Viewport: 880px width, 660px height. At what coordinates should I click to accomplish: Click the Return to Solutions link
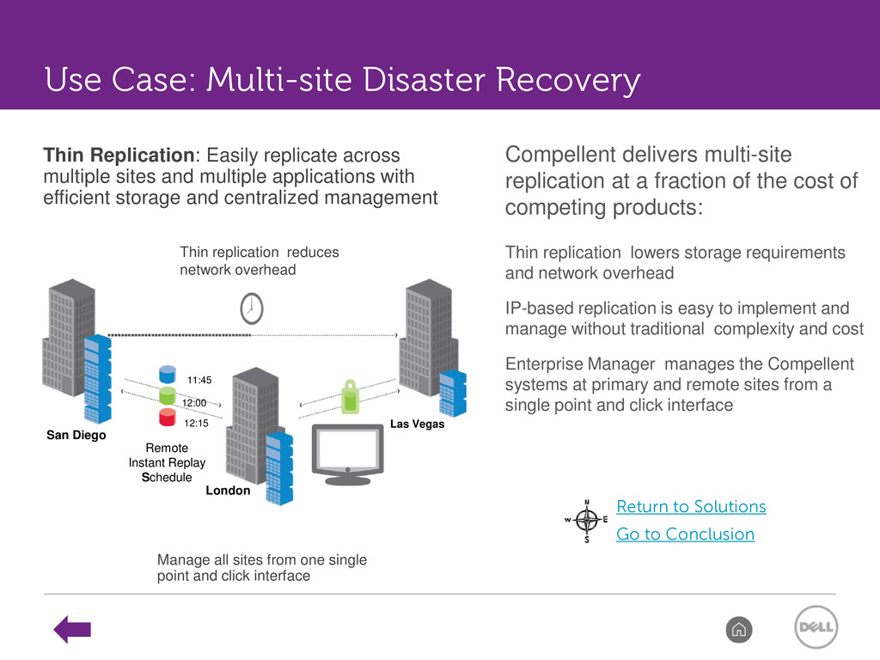[691, 506]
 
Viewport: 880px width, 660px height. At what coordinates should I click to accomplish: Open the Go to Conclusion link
[685, 534]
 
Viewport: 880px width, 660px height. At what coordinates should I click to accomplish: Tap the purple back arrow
[72, 629]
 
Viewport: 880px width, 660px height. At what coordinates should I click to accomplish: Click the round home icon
[738, 629]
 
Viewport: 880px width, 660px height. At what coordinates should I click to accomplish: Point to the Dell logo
[816, 626]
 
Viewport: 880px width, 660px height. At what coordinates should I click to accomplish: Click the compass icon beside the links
[586, 521]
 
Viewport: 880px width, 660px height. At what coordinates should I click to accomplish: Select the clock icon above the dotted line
[252, 309]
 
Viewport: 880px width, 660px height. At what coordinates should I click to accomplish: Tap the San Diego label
[76, 435]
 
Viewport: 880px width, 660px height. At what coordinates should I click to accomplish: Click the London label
[228, 491]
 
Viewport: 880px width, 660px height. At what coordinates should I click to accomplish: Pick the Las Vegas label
[417, 424]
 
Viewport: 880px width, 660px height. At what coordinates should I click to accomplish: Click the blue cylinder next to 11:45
[168, 374]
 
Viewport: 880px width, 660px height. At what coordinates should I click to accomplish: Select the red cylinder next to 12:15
[168, 417]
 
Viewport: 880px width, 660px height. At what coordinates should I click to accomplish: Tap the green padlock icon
[351, 397]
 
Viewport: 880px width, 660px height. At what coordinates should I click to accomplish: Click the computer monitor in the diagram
[348, 454]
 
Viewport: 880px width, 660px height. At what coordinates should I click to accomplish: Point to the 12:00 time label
[194, 403]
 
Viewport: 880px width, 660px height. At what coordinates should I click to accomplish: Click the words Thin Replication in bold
[119, 155]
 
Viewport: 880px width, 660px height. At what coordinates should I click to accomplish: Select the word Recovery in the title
[568, 80]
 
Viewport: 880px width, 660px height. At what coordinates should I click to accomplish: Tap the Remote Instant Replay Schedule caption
[167, 462]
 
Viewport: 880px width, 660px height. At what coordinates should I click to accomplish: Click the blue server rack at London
[279, 468]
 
